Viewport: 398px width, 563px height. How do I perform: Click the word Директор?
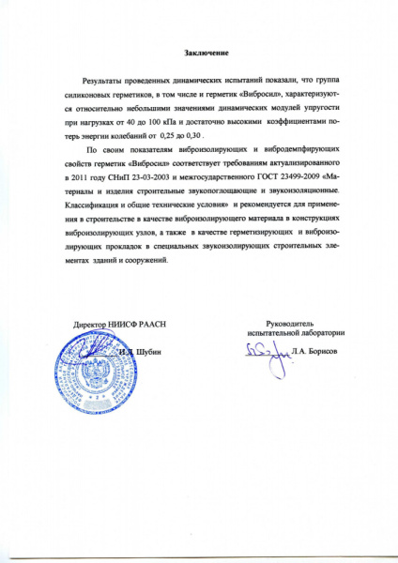pos(94,324)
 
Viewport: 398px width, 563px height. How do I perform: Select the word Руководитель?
pos(292,322)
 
